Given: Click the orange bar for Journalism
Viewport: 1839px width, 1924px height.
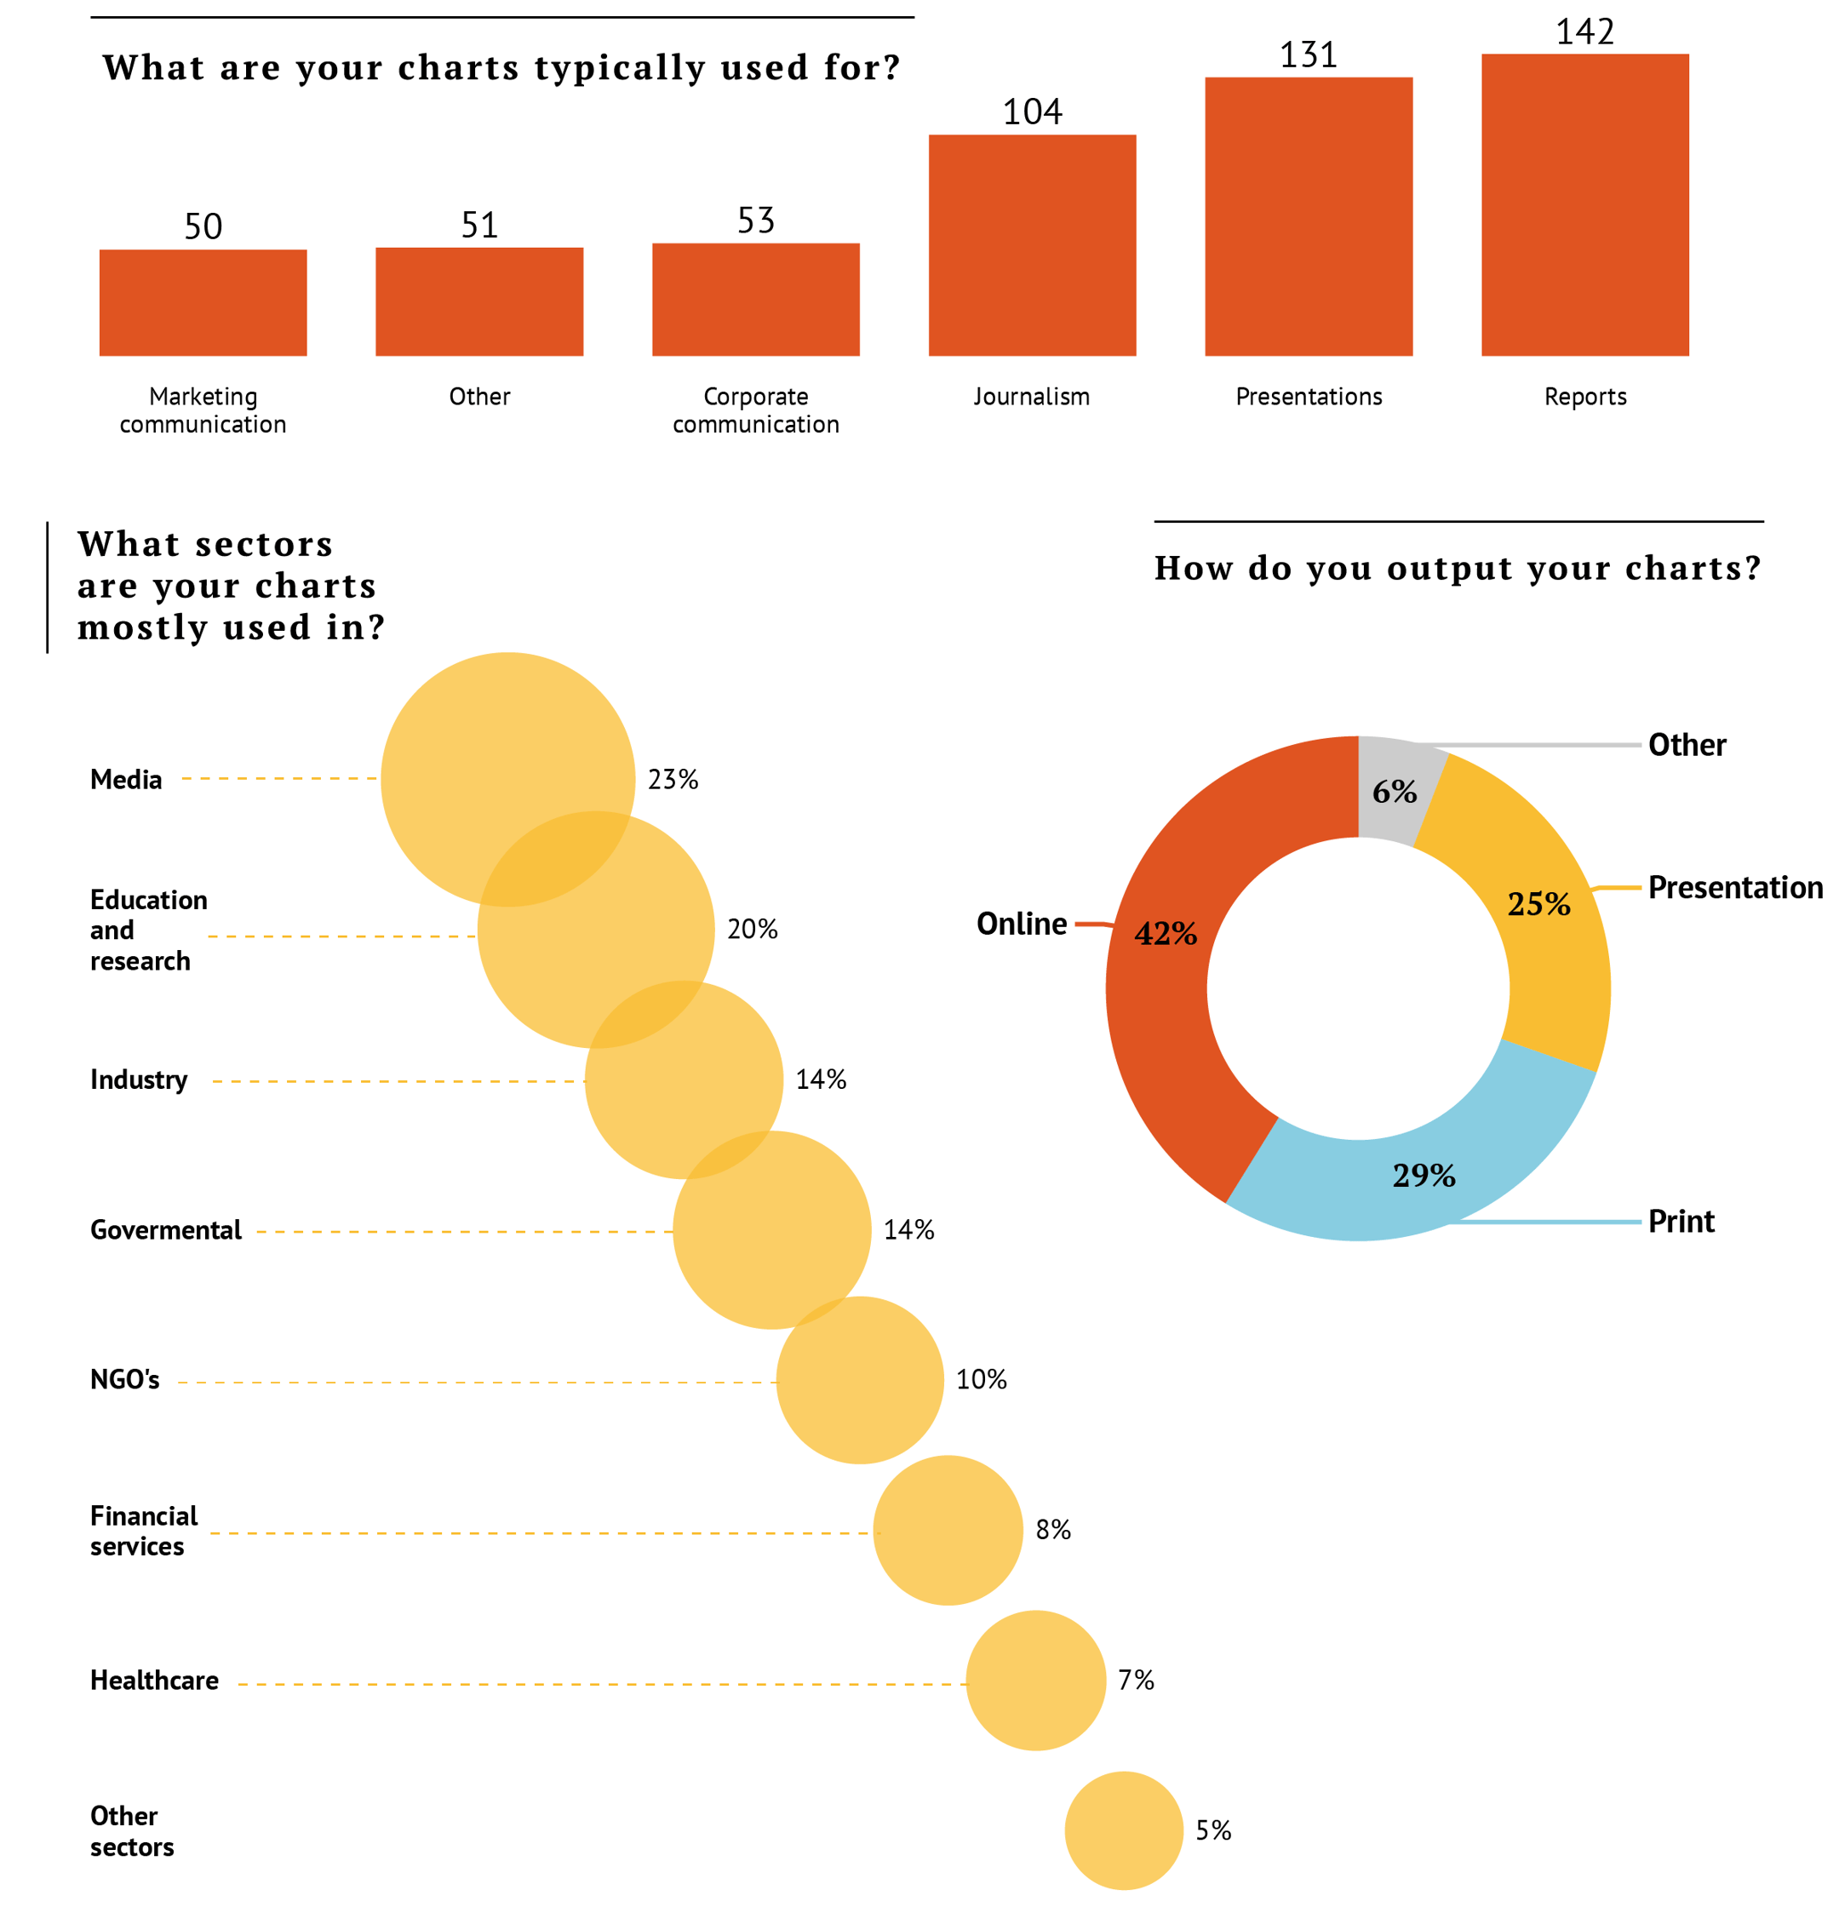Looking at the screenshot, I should tap(1031, 245).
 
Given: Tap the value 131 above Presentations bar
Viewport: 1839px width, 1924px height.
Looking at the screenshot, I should tap(1308, 54).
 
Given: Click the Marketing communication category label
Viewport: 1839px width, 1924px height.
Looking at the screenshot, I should tap(203, 409).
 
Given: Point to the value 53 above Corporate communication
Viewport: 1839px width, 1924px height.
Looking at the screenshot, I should tap(756, 220).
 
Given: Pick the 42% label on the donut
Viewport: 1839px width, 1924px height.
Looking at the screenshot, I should tap(1166, 933).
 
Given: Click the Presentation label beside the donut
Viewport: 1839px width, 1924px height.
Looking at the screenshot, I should tap(1734, 887).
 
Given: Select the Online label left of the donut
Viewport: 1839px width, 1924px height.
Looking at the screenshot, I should tap(1021, 924).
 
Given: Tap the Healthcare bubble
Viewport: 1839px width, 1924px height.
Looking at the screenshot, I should tap(1035, 1680).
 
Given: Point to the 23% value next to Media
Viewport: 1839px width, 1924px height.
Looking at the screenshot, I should tap(673, 779).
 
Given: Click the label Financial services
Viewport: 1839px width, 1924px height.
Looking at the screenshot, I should tap(143, 1531).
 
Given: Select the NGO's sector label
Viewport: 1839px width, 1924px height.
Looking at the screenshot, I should tap(124, 1379).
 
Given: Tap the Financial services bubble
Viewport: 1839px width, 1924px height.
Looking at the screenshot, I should tap(947, 1530).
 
